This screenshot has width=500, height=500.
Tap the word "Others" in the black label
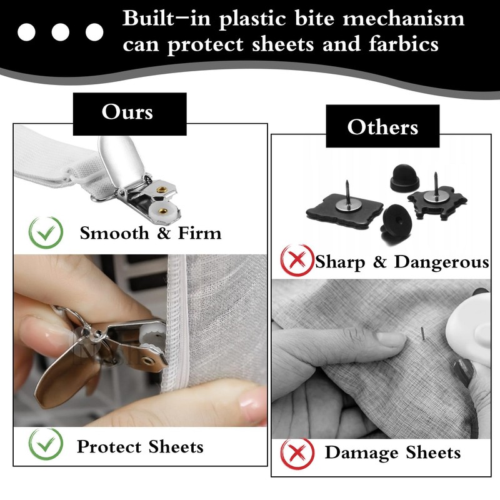coord(382,127)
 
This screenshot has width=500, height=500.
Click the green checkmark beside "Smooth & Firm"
coord(46,233)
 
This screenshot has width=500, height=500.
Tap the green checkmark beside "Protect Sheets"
coord(46,444)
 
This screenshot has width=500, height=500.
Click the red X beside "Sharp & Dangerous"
coord(297,261)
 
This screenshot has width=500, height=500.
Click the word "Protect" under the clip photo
coord(110,447)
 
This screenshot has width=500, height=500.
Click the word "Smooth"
coord(114,234)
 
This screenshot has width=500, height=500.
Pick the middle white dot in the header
coord(61,31)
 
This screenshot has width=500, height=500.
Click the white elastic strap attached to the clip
coord(56,156)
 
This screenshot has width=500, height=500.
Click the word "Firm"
coord(197,234)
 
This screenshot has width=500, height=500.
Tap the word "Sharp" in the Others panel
coord(341,262)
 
